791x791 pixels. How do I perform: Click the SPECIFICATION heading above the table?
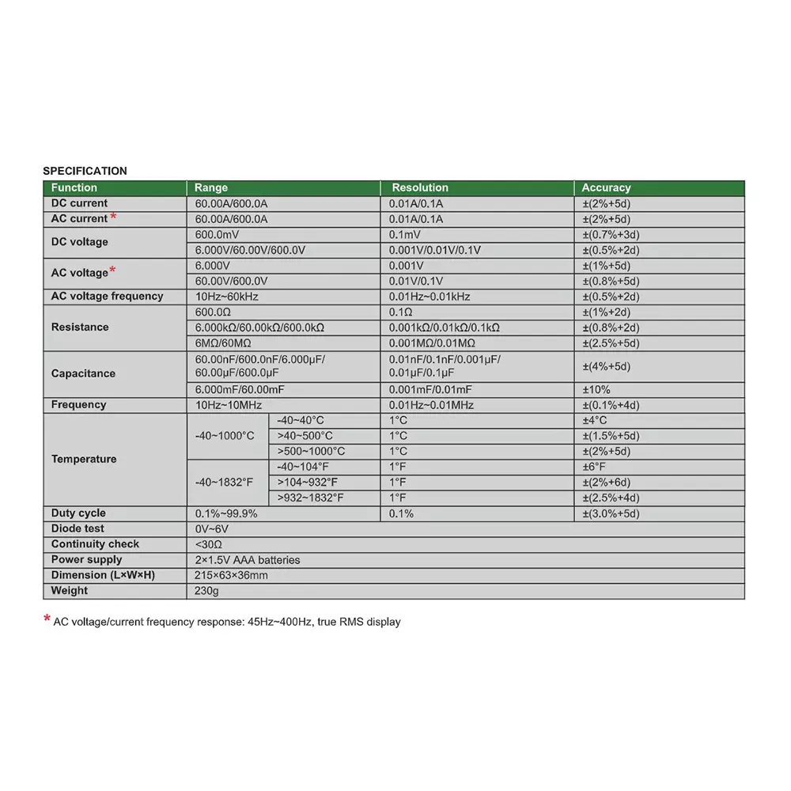(85, 170)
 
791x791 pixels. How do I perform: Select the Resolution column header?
(420, 187)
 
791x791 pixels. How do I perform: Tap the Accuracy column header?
(606, 187)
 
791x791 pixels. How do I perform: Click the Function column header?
(74, 187)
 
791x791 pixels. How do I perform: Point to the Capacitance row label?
(83, 373)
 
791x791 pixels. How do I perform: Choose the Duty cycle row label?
(78, 513)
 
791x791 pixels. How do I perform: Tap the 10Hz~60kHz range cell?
(227, 296)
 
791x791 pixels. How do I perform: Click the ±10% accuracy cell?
(596, 389)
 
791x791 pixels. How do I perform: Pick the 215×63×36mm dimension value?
(231, 575)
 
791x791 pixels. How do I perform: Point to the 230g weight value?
(207, 591)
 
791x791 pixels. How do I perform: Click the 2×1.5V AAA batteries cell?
(248, 560)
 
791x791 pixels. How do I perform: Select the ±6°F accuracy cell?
(595, 467)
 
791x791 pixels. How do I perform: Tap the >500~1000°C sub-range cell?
(311, 451)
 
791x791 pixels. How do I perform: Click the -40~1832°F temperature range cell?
(225, 482)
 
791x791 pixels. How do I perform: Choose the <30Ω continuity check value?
(209, 544)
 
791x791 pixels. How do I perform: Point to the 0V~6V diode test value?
(212, 528)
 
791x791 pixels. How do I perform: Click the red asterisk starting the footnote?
(47, 620)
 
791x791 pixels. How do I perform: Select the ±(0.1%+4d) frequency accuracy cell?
(611, 405)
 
